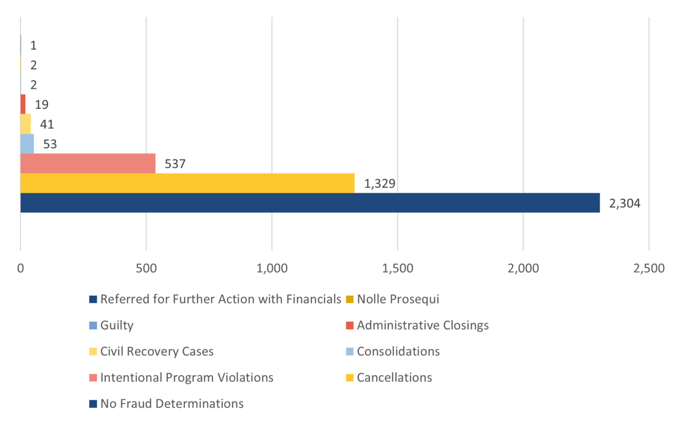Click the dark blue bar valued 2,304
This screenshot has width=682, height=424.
[x=310, y=203]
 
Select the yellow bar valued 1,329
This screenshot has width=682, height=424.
[x=187, y=183]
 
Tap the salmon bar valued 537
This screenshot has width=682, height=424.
[x=88, y=163]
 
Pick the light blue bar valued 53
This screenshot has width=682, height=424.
[x=27, y=144]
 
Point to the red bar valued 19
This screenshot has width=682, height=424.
[x=23, y=104]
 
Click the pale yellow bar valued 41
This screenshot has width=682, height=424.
[x=25, y=124]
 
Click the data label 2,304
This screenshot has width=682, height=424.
[x=624, y=203]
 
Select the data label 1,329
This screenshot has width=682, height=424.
[x=380, y=184]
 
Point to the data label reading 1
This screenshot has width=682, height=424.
[x=34, y=45]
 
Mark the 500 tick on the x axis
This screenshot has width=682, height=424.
[x=146, y=269]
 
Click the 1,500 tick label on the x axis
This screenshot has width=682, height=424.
[x=398, y=269]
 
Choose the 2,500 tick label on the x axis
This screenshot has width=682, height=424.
[x=649, y=269]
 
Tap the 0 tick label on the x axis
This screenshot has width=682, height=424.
[x=20, y=269]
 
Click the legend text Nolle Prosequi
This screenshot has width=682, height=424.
[x=398, y=299]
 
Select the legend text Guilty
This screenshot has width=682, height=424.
[x=117, y=325]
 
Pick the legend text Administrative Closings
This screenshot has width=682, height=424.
[x=422, y=325]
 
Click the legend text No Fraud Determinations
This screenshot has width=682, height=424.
[x=172, y=404]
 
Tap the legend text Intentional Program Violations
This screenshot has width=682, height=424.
[x=186, y=377]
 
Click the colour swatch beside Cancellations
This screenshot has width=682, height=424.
[x=350, y=378]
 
